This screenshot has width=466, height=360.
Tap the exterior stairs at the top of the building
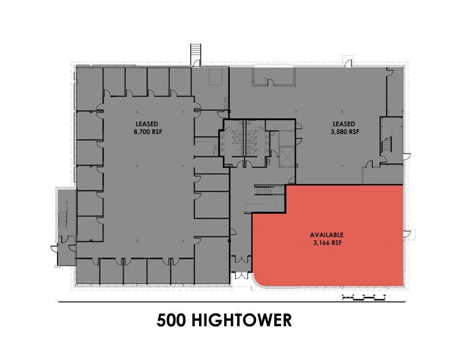pyautogui.click(x=196, y=53)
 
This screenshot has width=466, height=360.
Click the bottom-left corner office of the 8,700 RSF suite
pyautogui.click(x=86, y=272)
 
